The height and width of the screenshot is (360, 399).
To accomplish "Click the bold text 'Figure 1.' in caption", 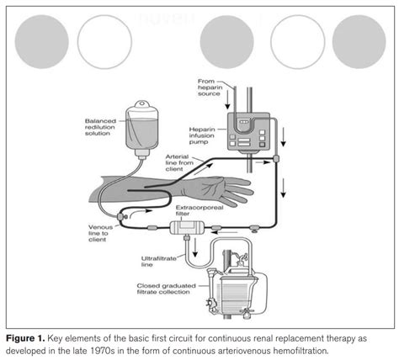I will tap(30, 335).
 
